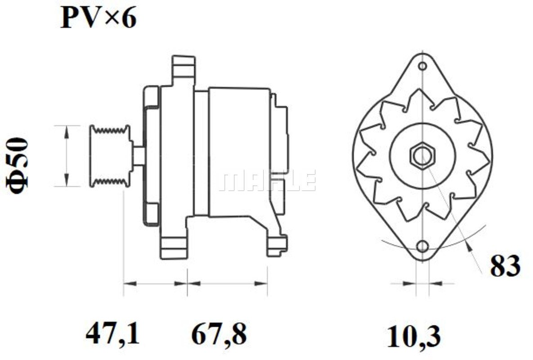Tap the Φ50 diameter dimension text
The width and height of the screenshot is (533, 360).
point(17,166)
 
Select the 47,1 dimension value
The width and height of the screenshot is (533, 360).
point(112,334)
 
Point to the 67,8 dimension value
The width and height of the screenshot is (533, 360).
point(219,334)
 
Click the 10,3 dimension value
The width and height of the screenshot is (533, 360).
point(414,337)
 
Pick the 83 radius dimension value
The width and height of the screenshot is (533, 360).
point(505,266)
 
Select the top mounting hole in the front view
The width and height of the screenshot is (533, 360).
point(422,66)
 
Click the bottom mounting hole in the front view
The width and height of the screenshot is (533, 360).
point(422,246)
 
